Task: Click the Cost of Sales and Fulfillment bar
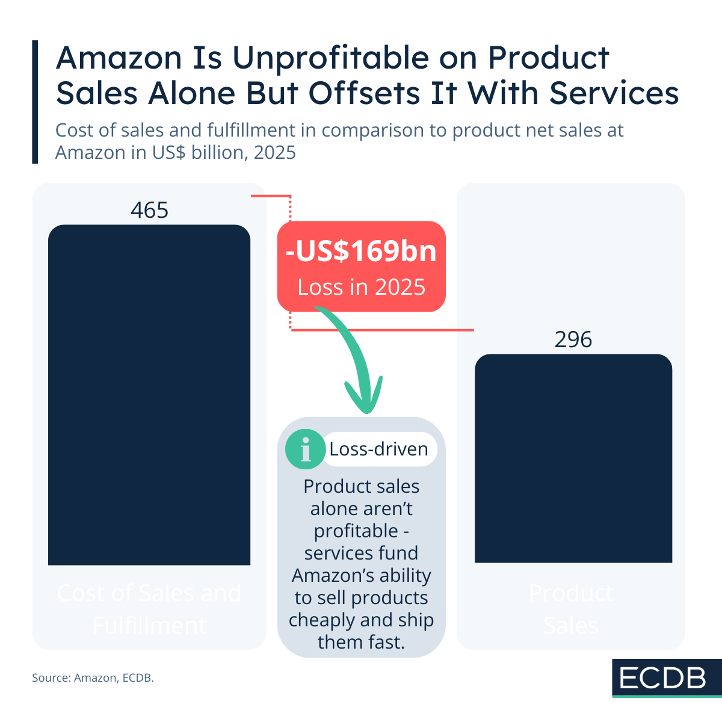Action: pyautogui.click(x=149, y=395)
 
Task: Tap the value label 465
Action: pyautogui.click(x=149, y=210)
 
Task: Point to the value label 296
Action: pyautogui.click(x=573, y=340)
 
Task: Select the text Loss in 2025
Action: pyautogui.click(x=361, y=288)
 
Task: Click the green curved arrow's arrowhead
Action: pyautogui.click(x=363, y=397)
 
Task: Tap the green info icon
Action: pyautogui.click(x=305, y=449)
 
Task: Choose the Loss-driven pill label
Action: pyautogui.click(x=378, y=449)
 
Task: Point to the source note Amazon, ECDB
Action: pyautogui.click(x=93, y=677)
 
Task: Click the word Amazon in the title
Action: pyautogui.click(x=119, y=58)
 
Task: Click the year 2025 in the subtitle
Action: pyautogui.click(x=274, y=153)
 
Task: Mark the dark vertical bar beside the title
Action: pyautogui.click(x=35, y=102)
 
